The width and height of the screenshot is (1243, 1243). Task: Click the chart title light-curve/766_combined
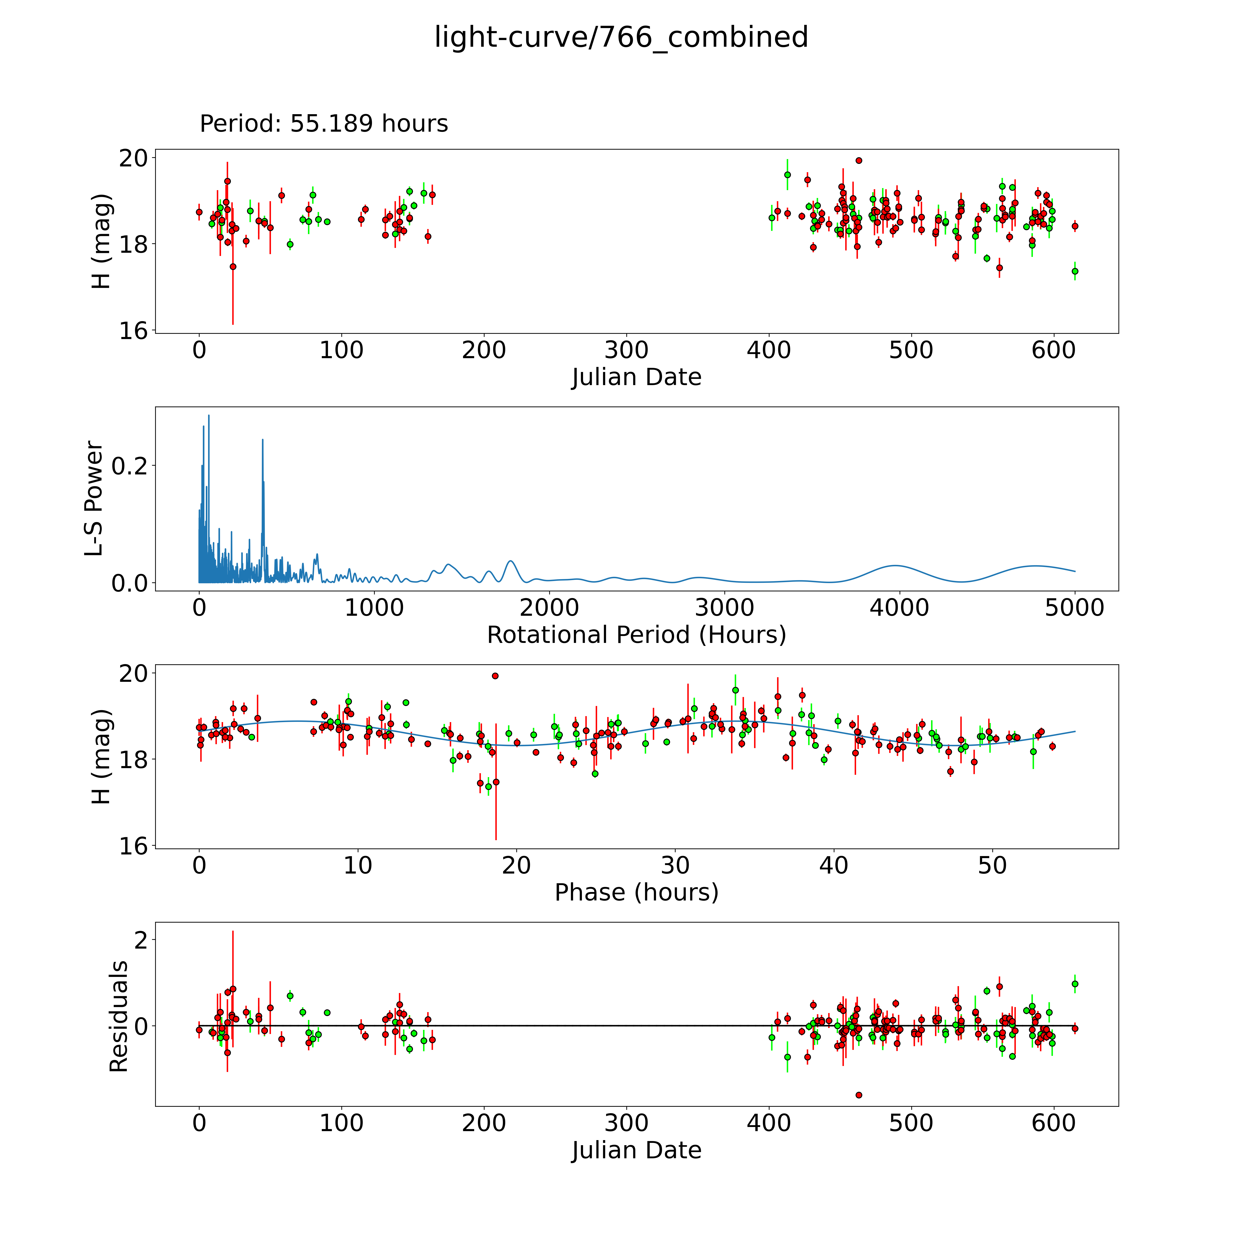[x=621, y=37]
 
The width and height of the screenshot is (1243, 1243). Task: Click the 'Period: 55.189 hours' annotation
[x=324, y=124]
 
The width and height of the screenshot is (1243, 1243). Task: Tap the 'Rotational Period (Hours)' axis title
[x=636, y=635]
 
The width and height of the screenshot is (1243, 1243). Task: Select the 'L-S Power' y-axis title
[x=94, y=499]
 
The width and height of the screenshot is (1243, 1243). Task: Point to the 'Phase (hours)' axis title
[x=636, y=892]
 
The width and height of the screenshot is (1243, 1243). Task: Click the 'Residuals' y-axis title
[x=118, y=1016]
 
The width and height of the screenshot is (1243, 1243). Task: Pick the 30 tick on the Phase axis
[x=675, y=865]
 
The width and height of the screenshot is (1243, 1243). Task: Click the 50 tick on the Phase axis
[x=992, y=865]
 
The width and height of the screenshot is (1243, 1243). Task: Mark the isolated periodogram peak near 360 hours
[x=262, y=440]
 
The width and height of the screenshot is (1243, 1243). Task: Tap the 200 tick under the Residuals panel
[x=484, y=1123]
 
